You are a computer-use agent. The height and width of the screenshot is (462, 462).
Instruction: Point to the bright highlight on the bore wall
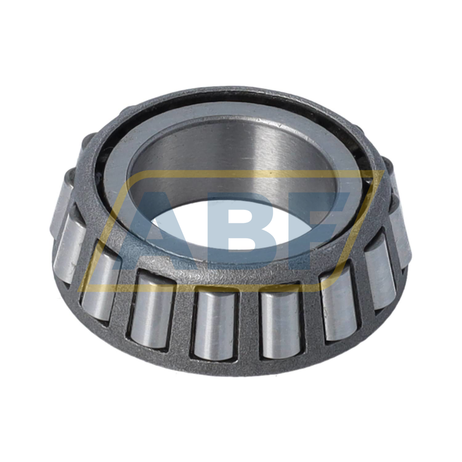pos(262,160)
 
